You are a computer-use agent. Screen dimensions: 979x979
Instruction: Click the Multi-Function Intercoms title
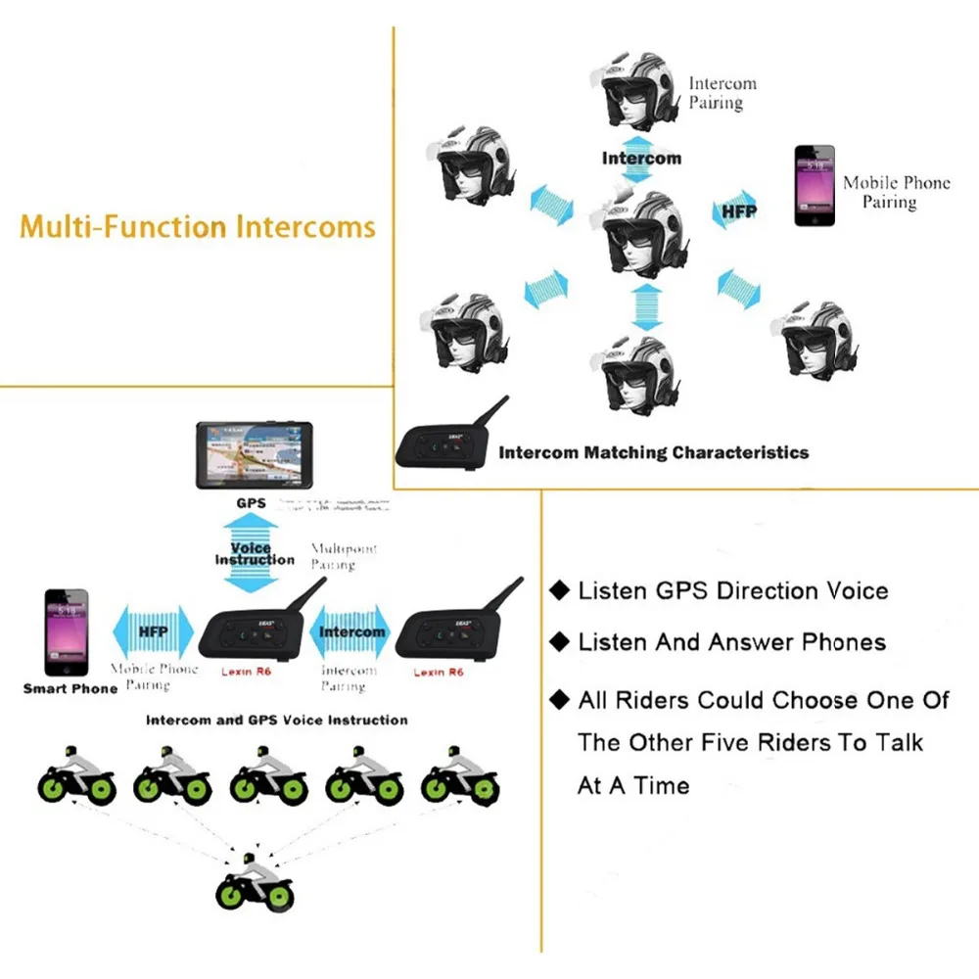(x=198, y=227)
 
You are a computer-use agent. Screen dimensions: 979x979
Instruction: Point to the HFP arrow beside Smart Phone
(x=154, y=632)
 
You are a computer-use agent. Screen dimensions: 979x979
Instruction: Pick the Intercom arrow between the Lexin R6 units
(x=351, y=632)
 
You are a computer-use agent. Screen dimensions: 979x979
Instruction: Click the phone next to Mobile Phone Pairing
(x=814, y=186)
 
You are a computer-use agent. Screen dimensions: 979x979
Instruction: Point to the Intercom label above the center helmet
(x=641, y=159)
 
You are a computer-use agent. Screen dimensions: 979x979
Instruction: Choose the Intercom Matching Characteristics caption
(x=653, y=452)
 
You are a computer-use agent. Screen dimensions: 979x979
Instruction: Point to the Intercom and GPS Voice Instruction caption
(x=277, y=720)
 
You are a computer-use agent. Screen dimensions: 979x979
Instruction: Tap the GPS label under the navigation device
(x=251, y=503)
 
